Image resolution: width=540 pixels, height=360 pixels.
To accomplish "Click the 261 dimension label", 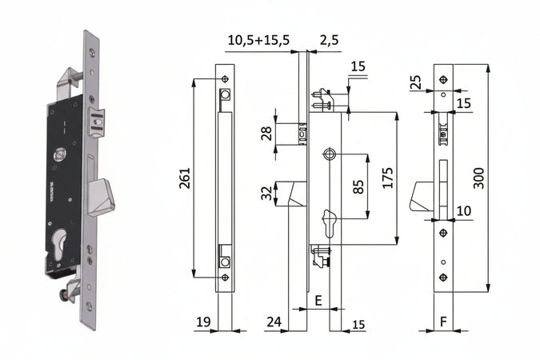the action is click(186, 178).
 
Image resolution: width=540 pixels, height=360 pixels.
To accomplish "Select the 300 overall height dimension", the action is click(478, 178).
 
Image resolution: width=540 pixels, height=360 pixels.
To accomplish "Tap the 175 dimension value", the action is click(388, 178).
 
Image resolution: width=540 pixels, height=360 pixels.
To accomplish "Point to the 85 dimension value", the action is click(358, 186).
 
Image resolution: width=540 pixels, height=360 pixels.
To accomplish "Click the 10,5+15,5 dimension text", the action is click(258, 40).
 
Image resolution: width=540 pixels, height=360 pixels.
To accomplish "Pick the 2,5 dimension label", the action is click(330, 40).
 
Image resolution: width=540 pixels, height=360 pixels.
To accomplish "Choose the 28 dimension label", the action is click(266, 134).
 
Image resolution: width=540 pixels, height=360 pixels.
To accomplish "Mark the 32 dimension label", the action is click(266, 194).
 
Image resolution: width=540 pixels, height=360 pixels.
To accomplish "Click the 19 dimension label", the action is click(203, 322).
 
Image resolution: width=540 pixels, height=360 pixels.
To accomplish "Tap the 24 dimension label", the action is click(274, 322).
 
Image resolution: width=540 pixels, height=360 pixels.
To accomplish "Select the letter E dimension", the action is click(318, 301).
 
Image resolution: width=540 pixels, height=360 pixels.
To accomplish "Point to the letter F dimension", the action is click(443, 322).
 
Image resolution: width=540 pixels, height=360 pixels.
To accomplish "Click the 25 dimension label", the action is click(416, 82).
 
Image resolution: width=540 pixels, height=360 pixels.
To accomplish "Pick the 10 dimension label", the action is click(463, 211).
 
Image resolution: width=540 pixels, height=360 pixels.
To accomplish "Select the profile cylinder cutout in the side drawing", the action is click(330, 223).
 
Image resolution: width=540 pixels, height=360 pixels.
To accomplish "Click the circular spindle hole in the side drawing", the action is click(330, 154).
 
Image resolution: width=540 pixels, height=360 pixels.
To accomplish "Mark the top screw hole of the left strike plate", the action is click(226, 79).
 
